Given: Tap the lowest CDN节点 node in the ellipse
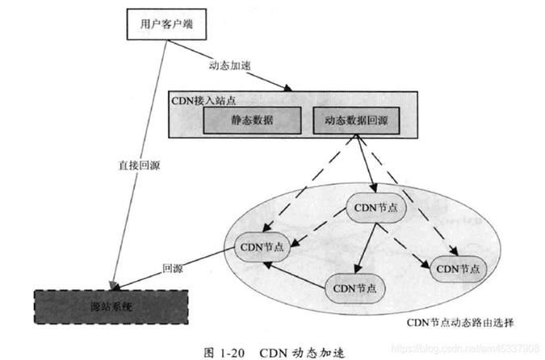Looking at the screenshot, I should (x=354, y=287).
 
